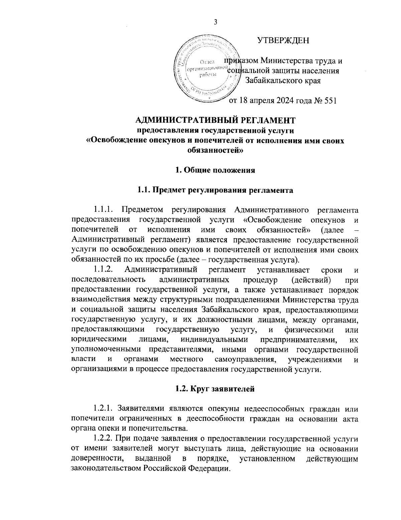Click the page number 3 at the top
click(215, 22)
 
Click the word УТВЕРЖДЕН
click(283, 41)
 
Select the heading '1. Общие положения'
click(215, 170)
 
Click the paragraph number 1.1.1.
click(104, 210)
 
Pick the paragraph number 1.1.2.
click(104, 269)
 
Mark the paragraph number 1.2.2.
click(104, 438)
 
